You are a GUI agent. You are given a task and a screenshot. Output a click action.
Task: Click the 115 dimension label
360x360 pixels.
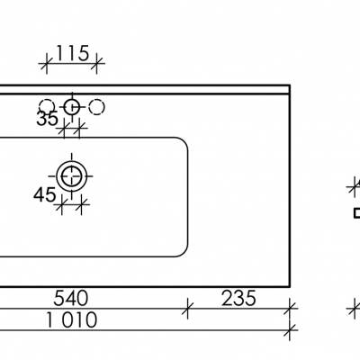[x=72, y=53]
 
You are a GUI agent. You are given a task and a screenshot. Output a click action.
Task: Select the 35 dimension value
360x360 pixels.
[x=48, y=118]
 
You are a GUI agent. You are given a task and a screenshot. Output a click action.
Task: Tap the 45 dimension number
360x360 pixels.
[x=44, y=193]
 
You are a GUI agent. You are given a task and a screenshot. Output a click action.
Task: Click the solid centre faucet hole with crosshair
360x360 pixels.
[x=73, y=107]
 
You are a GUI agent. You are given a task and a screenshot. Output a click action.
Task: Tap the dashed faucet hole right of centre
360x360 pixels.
[x=97, y=107]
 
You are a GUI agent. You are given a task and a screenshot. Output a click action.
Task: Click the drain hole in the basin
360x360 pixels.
[x=72, y=174]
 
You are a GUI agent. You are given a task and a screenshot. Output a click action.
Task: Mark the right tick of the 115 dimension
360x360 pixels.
[x=98, y=63]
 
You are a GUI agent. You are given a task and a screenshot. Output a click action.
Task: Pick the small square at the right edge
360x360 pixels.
[x=355, y=213]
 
